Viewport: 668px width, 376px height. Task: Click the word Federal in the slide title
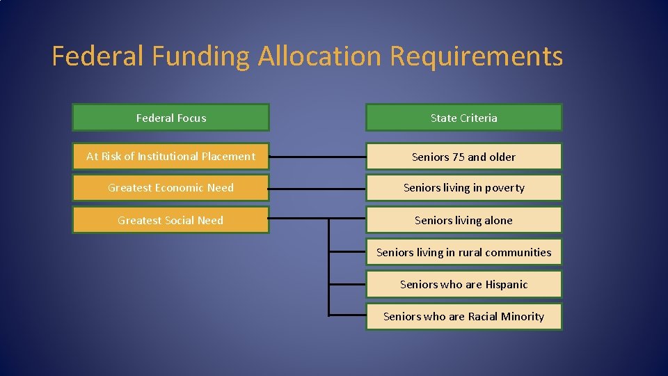97,56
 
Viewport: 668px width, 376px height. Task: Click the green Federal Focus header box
170,118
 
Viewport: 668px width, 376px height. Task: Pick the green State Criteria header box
463,118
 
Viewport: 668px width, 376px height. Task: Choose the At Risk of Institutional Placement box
170,157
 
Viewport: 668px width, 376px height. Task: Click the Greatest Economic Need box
170,188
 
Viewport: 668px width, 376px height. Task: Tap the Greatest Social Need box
170,220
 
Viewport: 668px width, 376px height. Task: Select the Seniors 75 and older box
463,157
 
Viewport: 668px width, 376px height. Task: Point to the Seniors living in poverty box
463,188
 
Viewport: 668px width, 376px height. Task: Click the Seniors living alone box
463,220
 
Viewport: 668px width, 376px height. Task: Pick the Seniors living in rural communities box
463,252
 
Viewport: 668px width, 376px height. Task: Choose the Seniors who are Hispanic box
463,284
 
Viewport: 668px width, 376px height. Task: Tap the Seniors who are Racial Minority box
463,316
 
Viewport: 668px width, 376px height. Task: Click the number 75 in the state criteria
458,157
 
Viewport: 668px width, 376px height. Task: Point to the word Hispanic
505,284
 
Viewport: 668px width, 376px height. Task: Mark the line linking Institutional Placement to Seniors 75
317,157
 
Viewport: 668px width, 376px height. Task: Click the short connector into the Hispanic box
347,284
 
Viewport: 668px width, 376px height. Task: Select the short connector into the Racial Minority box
347,315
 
